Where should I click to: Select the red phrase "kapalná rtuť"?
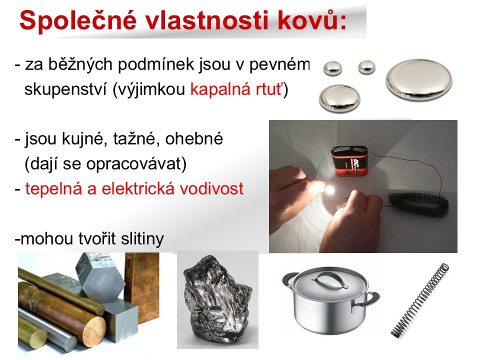[x=236, y=89]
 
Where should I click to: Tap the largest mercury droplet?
[x=419, y=79]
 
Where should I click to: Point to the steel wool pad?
[x=418, y=205]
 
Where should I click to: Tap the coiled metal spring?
[x=420, y=300]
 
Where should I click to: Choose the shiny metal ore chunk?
[x=217, y=300]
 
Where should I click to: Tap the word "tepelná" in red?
[x=53, y=189]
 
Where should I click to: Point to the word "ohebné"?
[x=194, y=139]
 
